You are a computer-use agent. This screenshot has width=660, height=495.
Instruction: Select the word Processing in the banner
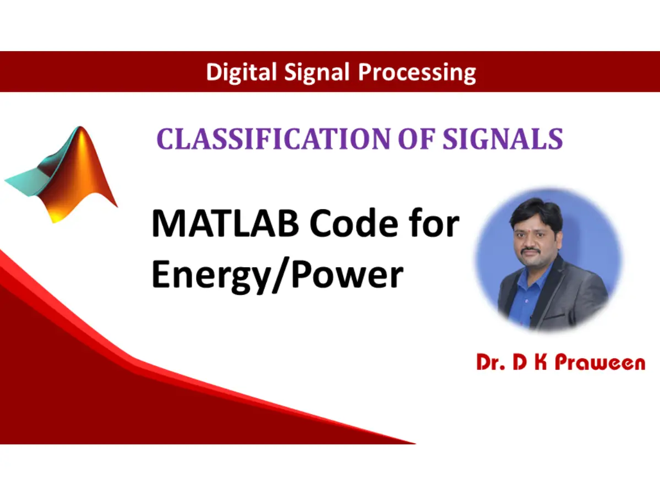[417, 73]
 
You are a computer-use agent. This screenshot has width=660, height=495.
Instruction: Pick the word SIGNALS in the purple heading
[503, 139]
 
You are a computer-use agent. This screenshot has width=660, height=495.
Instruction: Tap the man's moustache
[531, 251]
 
